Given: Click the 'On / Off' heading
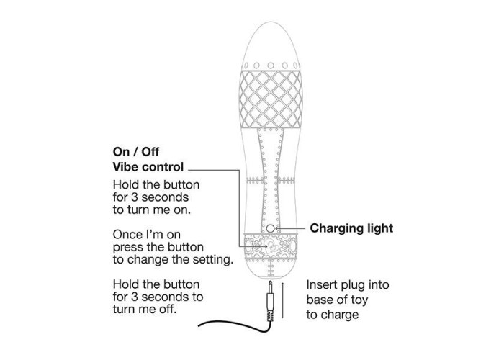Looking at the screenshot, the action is point(136,152).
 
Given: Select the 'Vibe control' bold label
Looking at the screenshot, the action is point(148,167).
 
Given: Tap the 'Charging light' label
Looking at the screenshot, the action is point(351,228).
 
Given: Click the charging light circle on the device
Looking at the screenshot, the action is point(271,228).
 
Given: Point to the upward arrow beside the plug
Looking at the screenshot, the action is point(282,300).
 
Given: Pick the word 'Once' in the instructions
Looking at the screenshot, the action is point(126,235).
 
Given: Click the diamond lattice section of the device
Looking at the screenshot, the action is point(271,99).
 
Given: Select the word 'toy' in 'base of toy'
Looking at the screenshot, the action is point(359,300).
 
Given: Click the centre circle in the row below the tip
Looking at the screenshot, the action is point(271,66).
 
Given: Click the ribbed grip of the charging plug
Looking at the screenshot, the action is point(271,316).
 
